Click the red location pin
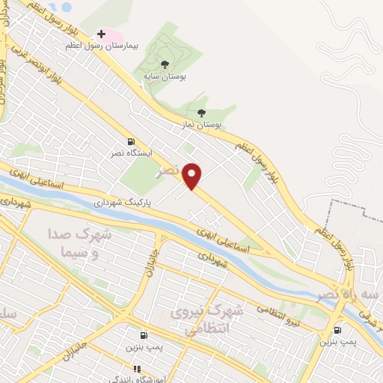click(x=193, y=176)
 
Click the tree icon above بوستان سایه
click(x=165, y=64)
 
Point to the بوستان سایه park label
click(x=165, y=76)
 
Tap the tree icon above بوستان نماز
click(x=201, y=113)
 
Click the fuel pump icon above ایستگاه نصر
click(x=132, y=142)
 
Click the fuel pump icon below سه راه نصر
click(x=337, y=330)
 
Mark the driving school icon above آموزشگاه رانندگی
click(x=136, y=368)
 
